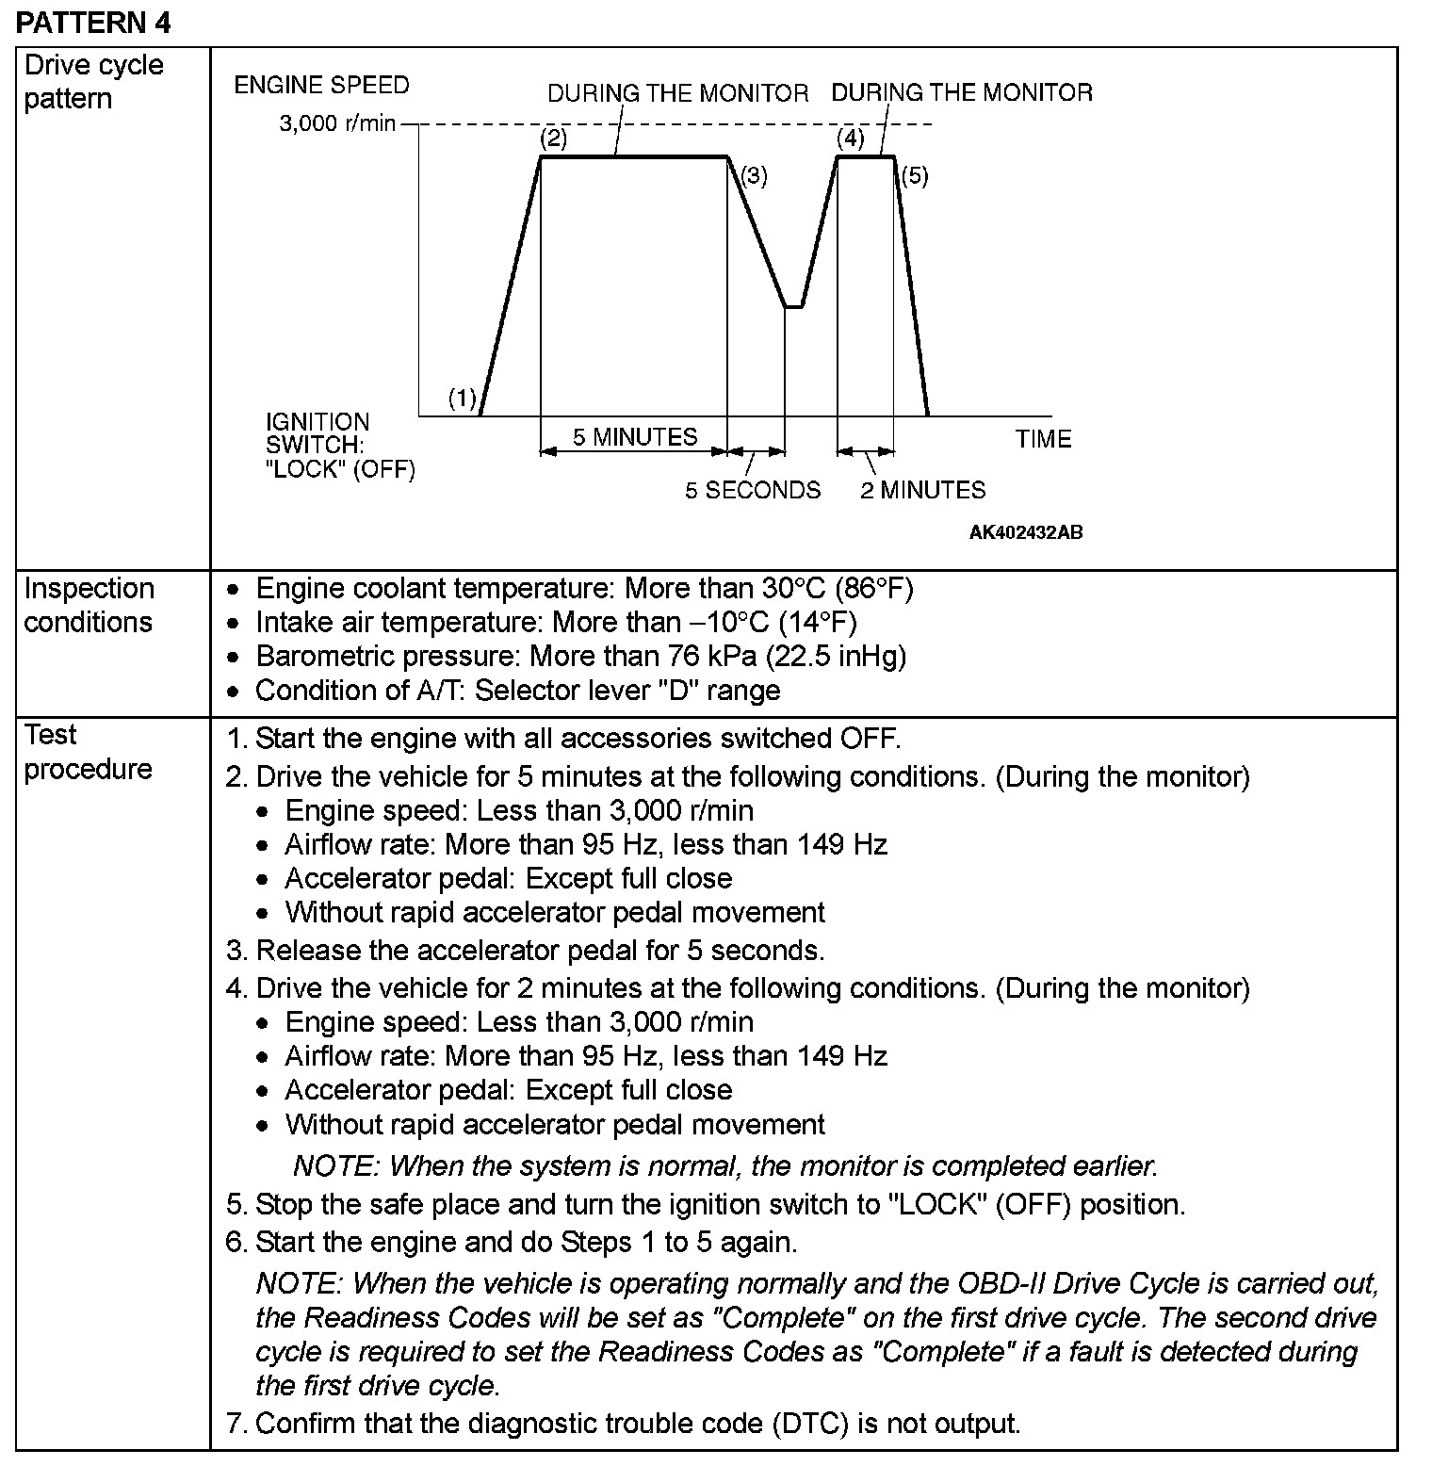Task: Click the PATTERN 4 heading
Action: coord(93,23)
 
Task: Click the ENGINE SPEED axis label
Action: coord(321,85)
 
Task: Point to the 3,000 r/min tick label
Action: coord(336,123)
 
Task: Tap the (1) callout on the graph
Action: coord(462,399)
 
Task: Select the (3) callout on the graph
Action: coord(754,175)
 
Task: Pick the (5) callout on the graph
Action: coord(914,175)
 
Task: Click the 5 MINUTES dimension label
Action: coord(635,437)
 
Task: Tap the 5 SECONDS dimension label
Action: coord(753,490)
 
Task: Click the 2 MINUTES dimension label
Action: coord(922,490)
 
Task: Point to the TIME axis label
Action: coord(1043,439)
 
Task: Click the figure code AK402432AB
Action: coord(1026,532)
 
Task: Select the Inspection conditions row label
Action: coord(88,605)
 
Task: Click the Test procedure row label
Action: coord(88,752)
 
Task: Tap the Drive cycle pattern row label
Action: coord(93,82)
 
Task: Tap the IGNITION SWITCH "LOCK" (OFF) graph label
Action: coord(340,446)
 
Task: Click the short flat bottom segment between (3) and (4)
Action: coord(794,307)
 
